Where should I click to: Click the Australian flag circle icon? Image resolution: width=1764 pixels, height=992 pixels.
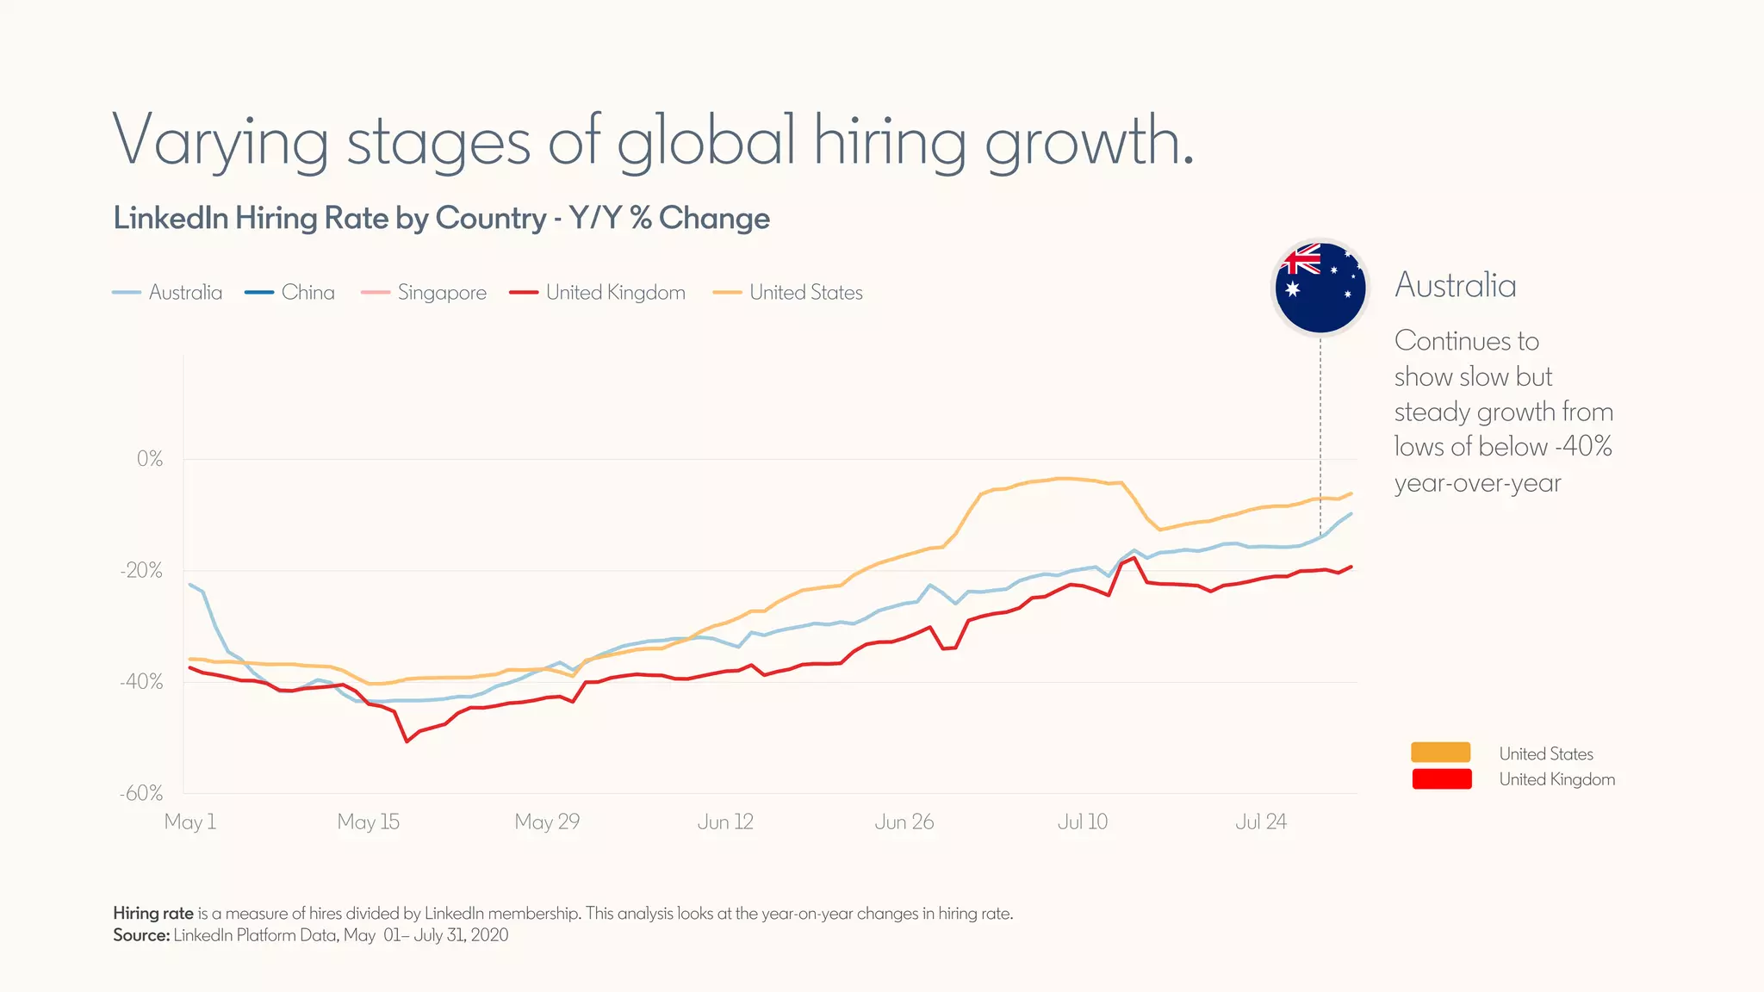[x=1320, y=288]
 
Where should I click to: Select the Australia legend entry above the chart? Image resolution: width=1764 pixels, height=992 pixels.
[x=168, y=293]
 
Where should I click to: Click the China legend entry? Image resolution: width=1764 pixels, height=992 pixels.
[x=290, y=293]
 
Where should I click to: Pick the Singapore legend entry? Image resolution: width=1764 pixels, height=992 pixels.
[x=424, y=293]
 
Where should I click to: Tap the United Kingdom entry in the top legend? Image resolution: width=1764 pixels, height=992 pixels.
[x=598, y=293]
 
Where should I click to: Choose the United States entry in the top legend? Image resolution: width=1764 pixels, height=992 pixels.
[x=788, y=293]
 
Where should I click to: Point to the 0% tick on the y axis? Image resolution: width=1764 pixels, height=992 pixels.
[x=150, y=459]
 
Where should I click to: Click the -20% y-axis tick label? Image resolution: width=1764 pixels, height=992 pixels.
[x=142, y=571]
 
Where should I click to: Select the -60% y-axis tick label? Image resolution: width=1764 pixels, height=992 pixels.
[x=142, y=793]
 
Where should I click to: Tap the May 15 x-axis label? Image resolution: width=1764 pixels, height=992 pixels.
[x=369, y=821]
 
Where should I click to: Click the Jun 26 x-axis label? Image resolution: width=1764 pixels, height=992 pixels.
[x=904, y=821]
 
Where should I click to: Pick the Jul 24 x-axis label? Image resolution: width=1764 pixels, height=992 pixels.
[x=1260, y=821]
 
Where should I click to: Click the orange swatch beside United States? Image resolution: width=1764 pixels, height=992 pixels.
[x=1440, y=753]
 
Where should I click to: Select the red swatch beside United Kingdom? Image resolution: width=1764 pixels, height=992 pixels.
[x=1441, y=778]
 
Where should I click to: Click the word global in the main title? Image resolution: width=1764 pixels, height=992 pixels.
[x=706, y=141]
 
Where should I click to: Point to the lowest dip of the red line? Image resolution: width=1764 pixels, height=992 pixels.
[x=407, y=741]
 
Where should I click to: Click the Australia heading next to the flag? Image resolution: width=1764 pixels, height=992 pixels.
[x=1455, y=286]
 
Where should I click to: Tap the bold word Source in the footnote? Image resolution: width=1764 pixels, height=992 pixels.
[x=141, y=935]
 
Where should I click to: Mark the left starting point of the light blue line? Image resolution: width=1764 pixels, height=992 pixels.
[x=190, y=585]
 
